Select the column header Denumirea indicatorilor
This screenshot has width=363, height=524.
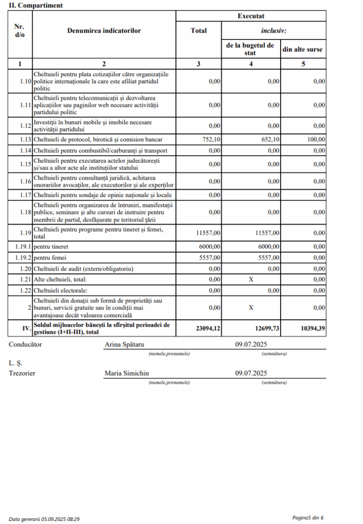coord(104,31)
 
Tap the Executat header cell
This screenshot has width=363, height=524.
coord(251,16)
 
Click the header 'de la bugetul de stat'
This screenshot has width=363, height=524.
coord(250,49)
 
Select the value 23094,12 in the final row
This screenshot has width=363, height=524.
coord(208,329)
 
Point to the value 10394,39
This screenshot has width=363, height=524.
coord(313,329)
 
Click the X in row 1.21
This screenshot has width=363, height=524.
coord(250,280)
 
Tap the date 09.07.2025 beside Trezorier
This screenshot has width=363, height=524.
coord(251,374)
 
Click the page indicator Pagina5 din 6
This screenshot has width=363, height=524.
coord(308,518)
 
